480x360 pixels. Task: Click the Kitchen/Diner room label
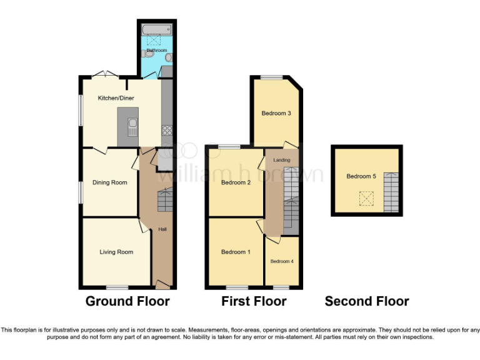[116, 98]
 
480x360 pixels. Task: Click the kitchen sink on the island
[132, 127]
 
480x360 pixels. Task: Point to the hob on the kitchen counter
[167, 130]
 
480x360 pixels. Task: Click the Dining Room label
[110, 182]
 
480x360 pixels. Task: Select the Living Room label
[116, 252]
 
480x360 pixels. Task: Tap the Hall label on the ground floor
[162, 229]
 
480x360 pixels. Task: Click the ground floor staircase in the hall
[164, 202]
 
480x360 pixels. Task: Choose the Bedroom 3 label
[276, 113]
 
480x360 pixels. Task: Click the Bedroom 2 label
[236, 182]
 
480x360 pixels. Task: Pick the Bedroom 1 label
[236, 252]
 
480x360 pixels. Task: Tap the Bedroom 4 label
[281, 261]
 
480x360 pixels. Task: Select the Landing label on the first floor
[282, 160]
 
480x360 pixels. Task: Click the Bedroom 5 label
[361, 176]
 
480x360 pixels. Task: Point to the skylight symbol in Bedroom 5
[364, 198]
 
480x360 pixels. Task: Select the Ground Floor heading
[127, 301]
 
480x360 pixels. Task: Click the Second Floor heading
[367, 301]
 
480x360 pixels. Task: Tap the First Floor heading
[254, 301]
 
